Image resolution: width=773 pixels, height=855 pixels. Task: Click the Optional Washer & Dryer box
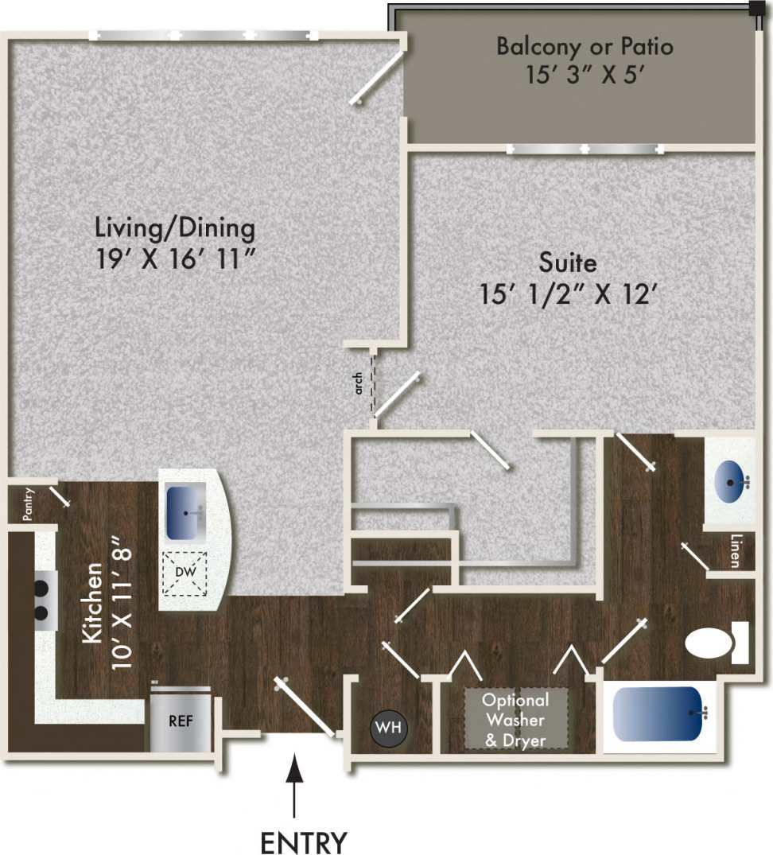pyautogui.click(x=516, y=719)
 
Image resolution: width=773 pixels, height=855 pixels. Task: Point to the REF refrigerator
pyautogui.click(x=181, y=722)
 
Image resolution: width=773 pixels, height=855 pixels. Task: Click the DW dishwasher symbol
pyautogui.click(x=185, y=573)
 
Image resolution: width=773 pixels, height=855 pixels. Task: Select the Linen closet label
pyautogui.click(x=736, y=550)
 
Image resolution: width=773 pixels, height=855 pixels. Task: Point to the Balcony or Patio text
pyautogui.click(x=585, y=46)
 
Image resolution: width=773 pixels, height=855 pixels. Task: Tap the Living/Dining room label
pyautogui.click(x=175, y=229)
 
